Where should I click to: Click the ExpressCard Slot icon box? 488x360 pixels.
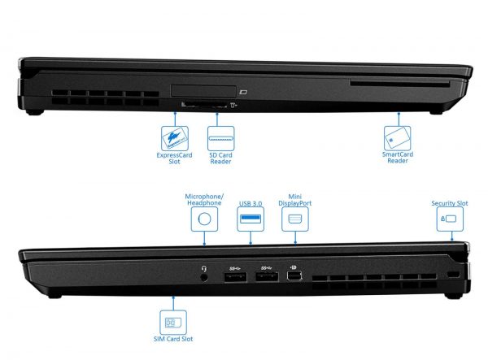(175, 138)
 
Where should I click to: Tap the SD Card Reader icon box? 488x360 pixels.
(220, 138)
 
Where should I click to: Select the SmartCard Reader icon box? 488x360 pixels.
(397, 138)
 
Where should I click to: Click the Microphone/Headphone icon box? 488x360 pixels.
(204, 219)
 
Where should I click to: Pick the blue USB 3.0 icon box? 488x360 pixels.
(251, 219)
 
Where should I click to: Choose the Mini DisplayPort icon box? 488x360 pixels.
(295, 219)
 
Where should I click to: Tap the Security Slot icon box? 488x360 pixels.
(450, 219)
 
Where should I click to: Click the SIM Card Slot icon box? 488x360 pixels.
(173, 323)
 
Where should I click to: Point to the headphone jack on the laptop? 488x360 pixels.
(204, 277)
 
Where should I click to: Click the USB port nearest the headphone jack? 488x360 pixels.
(236, 276)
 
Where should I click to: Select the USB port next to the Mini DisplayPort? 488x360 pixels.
(267, 276)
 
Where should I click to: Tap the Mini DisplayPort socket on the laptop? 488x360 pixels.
(294, 275)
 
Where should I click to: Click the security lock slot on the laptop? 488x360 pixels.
(453, 275)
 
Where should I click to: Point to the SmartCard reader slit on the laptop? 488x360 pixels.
(399, 84)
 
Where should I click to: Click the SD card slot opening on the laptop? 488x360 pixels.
(204, 104)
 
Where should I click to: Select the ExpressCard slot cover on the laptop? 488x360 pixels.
(203, 91)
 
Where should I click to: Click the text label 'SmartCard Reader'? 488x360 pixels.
(398, 158)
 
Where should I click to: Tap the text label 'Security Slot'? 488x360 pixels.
(450, 203)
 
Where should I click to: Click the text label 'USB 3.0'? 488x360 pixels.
(251, 204)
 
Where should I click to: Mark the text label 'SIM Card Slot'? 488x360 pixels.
(173, 339)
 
